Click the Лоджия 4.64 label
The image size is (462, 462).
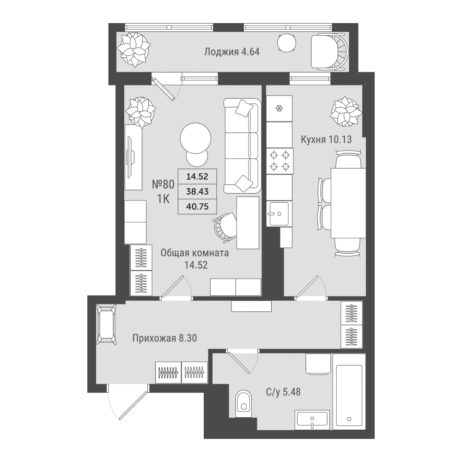point(232,52)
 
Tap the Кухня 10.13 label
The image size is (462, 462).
point(326,139)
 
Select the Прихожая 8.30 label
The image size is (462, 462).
point(164,338)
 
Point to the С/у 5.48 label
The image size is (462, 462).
point(283,392)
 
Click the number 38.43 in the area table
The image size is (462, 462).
point(197,192)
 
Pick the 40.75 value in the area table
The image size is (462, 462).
point(197,207)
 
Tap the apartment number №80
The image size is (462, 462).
point(163,184)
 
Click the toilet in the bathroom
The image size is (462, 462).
point(243,403)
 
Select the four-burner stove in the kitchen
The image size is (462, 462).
point(280,161)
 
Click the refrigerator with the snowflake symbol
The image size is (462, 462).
point(279,109)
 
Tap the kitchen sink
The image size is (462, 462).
point(279,213)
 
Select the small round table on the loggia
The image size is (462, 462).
point(286,43)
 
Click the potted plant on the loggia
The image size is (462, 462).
point(134,49)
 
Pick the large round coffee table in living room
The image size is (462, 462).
point(195,138)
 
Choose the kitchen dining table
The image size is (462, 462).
point(348,203)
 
